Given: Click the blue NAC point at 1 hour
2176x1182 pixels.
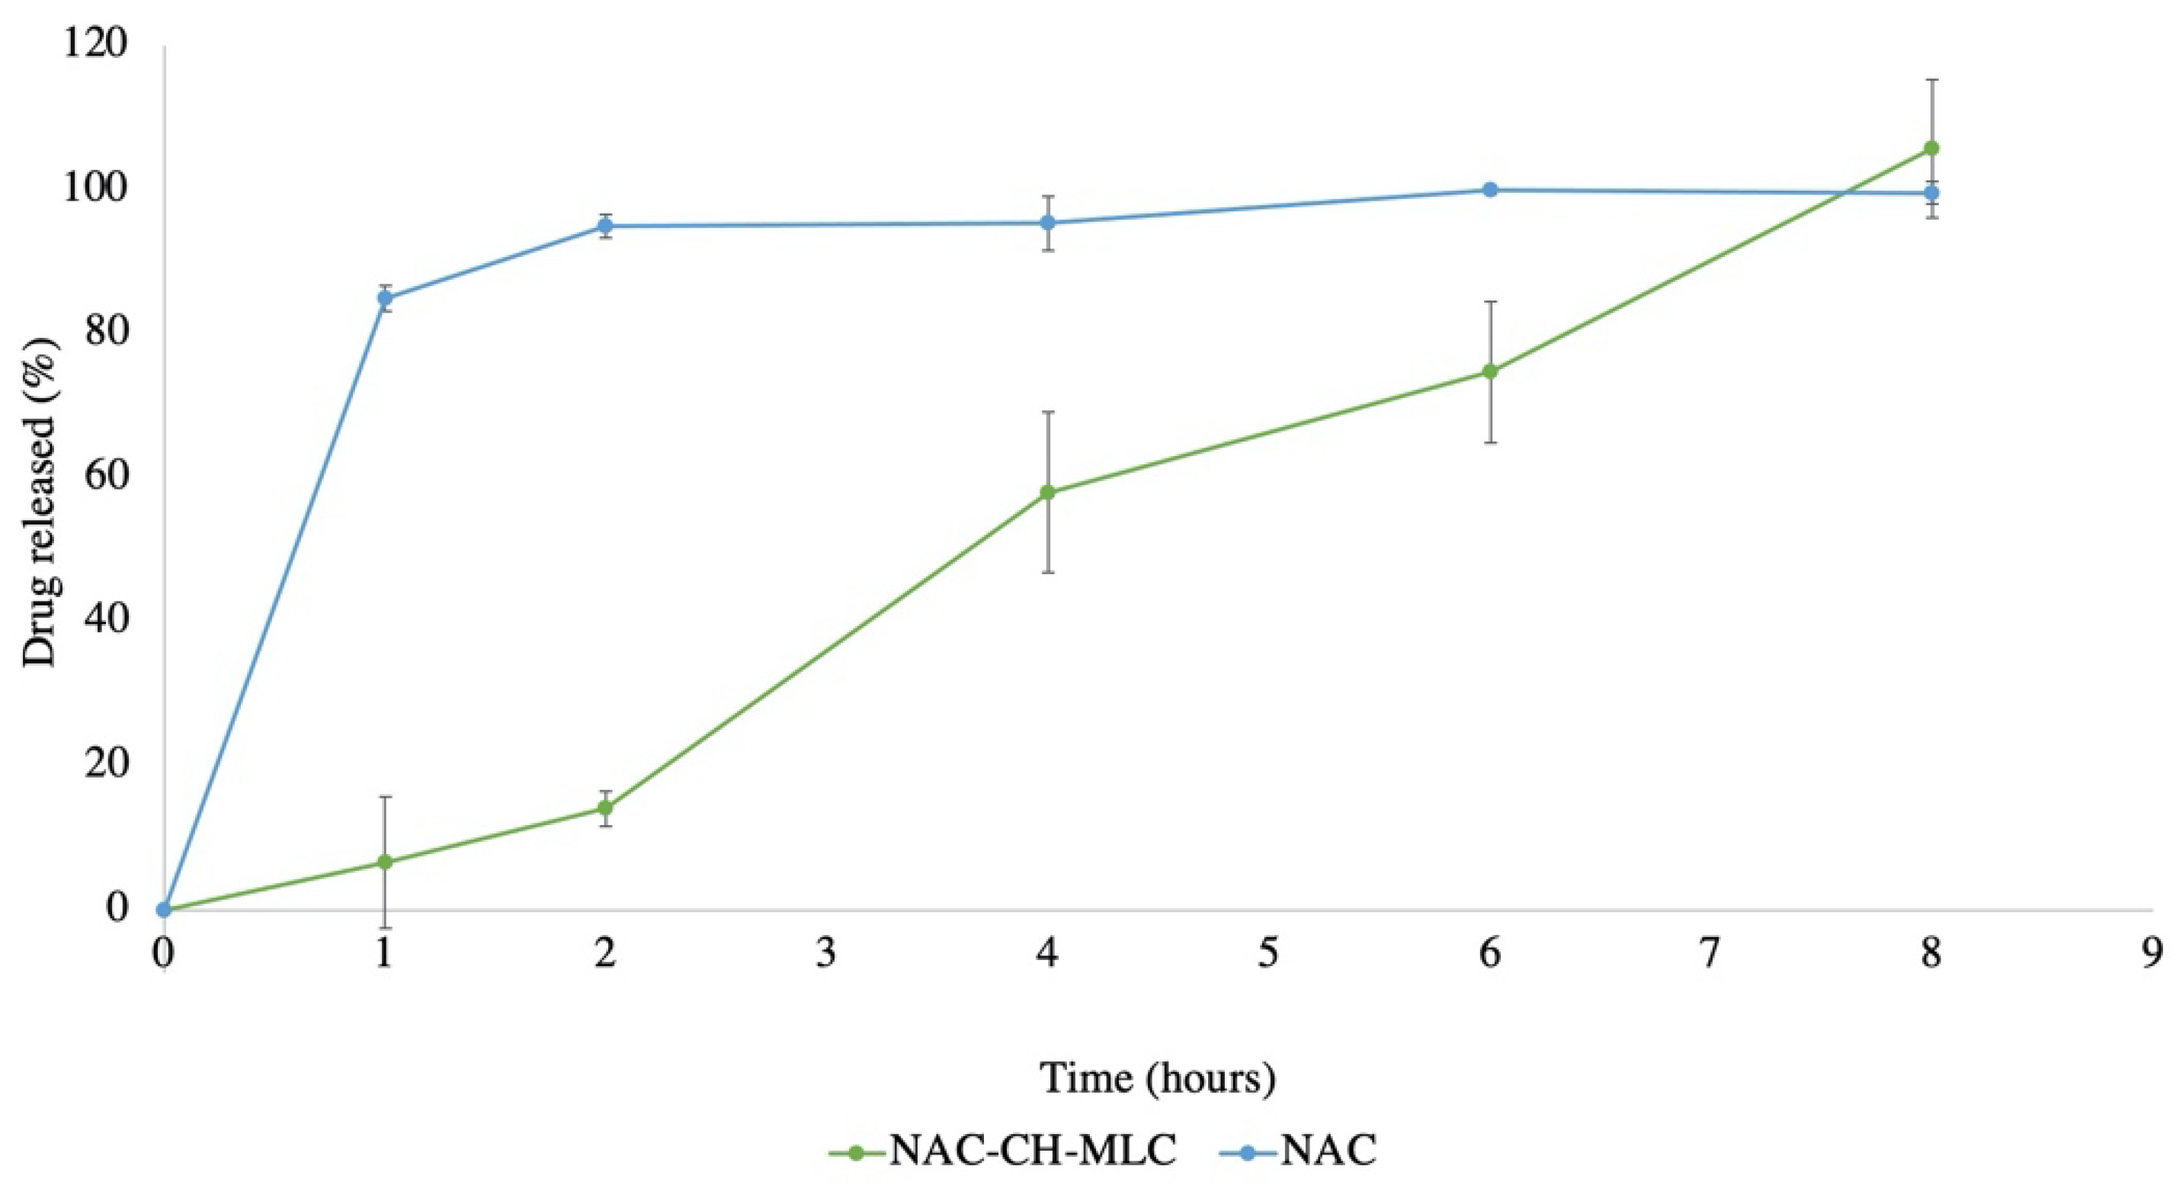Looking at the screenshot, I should click(x=385, y=297).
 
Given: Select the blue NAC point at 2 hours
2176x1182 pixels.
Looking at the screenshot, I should click(x=606, y=226).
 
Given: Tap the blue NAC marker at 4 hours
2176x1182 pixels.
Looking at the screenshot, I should click(x=1048, y=222).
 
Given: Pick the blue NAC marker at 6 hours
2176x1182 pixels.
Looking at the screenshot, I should click(x=1490, y=189).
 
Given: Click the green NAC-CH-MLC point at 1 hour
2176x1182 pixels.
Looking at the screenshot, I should click(x=385, y=862).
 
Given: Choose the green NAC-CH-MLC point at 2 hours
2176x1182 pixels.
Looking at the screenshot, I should click(x=606, y=808).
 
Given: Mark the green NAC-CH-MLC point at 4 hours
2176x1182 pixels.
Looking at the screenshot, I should click(x=1048, y=492).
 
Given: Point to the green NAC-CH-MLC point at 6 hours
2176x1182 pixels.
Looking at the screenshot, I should click(x=1490, y=371).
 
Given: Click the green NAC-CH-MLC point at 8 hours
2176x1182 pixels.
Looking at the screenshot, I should click(x=1931, y=148).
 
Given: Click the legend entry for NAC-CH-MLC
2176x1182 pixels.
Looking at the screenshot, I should click(x=1004, y=1151).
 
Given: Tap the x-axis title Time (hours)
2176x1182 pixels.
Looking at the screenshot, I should click(x=1157, y=1078).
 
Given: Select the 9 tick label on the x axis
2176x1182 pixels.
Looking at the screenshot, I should click(x=2152, y=955).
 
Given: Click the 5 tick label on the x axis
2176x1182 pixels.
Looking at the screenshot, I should click(x=1269, y=955).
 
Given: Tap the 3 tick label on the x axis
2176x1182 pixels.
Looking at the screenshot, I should click(x=827, y=955).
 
